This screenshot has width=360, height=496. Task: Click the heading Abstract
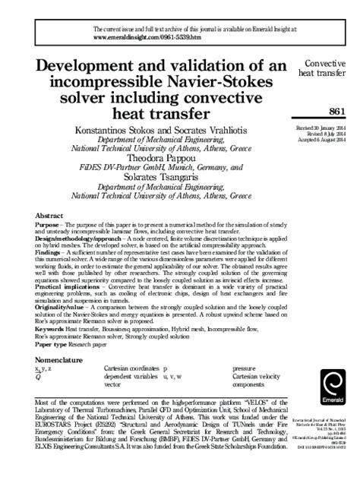pyautogui.click(x=49, y=194)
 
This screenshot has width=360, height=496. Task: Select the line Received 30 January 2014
pyautogui.click(x=318, y=131)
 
